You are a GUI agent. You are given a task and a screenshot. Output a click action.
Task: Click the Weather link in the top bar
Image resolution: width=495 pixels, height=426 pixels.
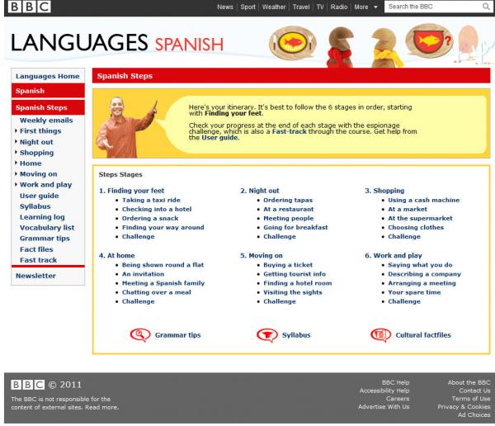tap(274, 7)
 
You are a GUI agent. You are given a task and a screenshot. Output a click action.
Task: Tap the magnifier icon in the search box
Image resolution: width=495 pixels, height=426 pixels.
tap(486, 7)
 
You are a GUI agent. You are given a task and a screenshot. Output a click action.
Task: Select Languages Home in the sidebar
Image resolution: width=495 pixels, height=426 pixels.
tap(48, 76)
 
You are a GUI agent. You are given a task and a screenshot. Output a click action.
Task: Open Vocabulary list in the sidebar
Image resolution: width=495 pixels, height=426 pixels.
tap(47, 228)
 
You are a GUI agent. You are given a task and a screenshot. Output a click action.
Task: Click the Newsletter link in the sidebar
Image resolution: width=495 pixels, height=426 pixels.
tap(35, 276)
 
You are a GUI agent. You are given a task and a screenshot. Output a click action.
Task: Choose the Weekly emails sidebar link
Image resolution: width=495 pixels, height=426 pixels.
tap(46, 120)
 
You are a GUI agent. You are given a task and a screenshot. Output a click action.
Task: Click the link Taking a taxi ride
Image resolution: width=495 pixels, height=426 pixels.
tap(151, 200)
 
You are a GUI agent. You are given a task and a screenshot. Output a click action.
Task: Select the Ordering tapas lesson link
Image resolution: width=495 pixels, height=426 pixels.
tap(288, 200)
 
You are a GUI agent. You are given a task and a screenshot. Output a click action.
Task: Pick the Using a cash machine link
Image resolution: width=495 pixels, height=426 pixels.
tap(424, 200)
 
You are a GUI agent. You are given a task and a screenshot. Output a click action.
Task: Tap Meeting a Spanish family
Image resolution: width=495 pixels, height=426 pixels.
tap(163, 283)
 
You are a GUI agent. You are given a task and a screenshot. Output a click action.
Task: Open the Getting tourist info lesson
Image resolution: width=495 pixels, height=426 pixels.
tap(295, 274)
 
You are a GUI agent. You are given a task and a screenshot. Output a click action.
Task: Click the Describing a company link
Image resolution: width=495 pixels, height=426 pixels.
tap(424, 274)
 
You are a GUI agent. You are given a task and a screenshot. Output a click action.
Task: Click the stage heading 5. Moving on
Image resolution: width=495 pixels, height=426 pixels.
tap(261, 255)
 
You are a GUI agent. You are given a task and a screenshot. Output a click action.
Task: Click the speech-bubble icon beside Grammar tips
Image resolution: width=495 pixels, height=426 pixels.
tap(140, 335)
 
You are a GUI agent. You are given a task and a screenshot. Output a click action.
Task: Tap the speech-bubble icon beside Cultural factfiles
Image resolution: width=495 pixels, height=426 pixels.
tap(380, 335)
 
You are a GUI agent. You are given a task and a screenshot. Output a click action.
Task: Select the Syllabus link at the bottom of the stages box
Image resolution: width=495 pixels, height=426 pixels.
tap(296, 335)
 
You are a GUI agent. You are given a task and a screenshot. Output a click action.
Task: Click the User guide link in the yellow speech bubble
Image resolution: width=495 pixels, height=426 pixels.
tap(219, 138)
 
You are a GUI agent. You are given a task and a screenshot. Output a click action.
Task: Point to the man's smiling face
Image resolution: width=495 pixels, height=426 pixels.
tap(117, 106)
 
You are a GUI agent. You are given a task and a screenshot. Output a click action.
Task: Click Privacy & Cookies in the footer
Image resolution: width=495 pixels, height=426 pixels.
tap(464, 407)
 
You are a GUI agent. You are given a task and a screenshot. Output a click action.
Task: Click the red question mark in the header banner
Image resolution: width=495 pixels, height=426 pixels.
tap(448, 40)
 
